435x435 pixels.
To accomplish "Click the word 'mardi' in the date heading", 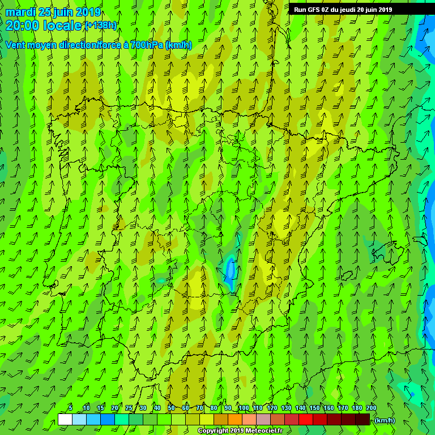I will pos(20,12).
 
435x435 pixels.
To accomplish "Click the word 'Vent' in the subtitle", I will pos(16,45).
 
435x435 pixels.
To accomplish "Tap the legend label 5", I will pos(70,408).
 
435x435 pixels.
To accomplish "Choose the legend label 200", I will pos(371,408).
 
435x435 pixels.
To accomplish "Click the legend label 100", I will pos(244,408).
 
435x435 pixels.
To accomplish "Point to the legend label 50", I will pos(171,408).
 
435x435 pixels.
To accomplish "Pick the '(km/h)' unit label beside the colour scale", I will pos(385,420).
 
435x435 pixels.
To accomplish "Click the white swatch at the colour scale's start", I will pos(65,419).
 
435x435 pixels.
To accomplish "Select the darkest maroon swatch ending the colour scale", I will pos(362,419).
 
